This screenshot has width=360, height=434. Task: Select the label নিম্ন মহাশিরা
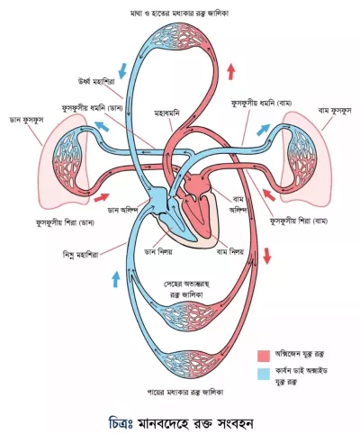[x=79, y=256]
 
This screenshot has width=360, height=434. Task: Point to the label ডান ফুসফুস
[x=27, y=120]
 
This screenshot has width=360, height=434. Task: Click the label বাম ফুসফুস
[x=335, y=111]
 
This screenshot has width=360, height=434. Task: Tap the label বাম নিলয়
[x=230, y=251]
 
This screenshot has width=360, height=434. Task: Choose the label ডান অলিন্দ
[x=122, y=210]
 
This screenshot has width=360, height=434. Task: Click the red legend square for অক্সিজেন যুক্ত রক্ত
[x=264, y=356]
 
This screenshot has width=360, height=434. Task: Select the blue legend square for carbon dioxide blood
[x=264, y=374]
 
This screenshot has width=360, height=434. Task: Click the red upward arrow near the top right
[x=230, y=71]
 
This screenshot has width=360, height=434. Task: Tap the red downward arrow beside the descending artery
[x=266, y=256]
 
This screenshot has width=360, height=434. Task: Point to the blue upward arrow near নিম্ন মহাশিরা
[x=116, y=279]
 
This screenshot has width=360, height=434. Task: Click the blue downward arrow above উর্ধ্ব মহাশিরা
[x=122, y=71]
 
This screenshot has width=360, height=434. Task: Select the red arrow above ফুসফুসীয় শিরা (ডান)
[x=102, y=197]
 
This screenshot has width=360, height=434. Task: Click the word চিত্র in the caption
[x=119, y=423]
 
